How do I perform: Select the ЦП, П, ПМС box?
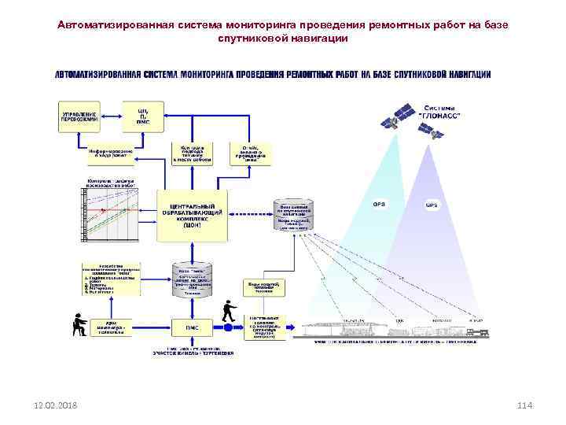142,116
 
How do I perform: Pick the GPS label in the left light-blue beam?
379,204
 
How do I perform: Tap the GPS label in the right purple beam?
432,206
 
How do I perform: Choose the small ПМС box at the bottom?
192,327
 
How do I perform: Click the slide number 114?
525,405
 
